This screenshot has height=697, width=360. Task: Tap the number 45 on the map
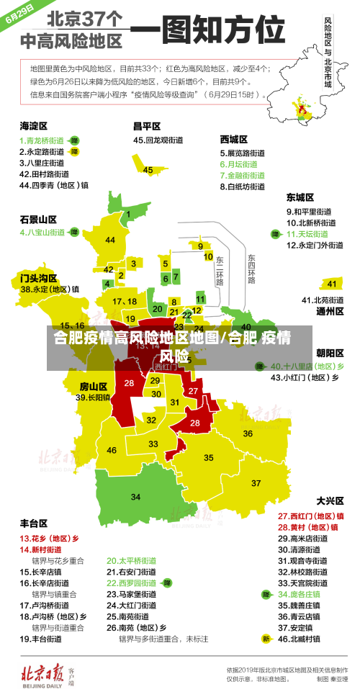[148, 170]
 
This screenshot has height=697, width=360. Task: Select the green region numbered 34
[135, 497]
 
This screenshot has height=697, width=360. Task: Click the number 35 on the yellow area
[209, 457]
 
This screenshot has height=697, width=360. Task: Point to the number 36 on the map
[247, 433]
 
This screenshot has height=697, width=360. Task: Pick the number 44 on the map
[110, 240]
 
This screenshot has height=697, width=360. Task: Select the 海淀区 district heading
[33, 125]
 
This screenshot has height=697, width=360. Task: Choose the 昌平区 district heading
[147, 125]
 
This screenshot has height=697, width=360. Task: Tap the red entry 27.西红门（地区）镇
[310, 516]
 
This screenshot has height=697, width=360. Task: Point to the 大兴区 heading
[330, 500]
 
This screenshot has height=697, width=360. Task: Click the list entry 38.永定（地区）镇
[50, 289]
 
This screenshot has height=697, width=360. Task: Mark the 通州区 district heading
[330, 311]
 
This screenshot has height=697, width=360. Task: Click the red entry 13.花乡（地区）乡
[49, 538]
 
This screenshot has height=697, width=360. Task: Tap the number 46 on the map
[112, 450]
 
